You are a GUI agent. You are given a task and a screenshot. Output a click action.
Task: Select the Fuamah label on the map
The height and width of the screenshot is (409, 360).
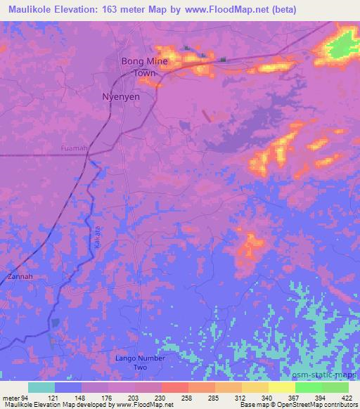75,148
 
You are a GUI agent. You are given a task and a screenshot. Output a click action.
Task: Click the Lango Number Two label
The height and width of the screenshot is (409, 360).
140,363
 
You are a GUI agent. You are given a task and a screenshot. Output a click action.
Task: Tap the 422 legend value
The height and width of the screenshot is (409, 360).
347,398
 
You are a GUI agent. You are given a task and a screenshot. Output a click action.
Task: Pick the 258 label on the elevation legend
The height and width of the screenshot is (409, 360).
188,398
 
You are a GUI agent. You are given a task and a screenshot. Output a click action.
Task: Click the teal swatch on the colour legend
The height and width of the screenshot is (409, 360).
41,387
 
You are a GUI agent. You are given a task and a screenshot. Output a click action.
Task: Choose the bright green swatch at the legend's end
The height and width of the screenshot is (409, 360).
335,387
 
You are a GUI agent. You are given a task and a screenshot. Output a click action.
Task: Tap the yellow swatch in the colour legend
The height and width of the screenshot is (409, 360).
282,387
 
